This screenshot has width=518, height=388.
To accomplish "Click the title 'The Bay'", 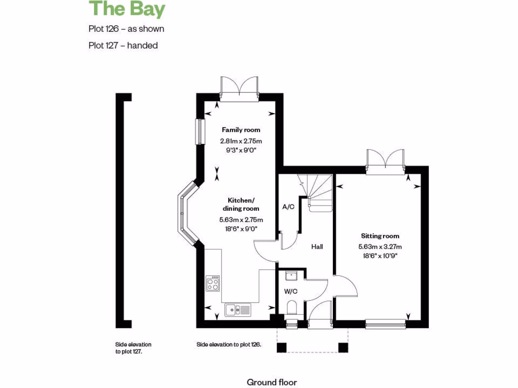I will [127, 9].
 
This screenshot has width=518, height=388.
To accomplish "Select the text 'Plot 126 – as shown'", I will [126, 29].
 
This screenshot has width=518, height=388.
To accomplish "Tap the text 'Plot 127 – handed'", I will [123, 45].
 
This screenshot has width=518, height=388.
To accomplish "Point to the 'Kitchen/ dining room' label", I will [241, 204].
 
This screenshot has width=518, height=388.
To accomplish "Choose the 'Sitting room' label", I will [380, 236].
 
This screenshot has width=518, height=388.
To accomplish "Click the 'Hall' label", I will [317, 247].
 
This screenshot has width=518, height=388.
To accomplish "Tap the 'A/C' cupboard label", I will [288, 207].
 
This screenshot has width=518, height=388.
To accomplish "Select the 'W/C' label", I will [290, 291].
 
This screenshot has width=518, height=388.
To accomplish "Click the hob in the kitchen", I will [212, 283].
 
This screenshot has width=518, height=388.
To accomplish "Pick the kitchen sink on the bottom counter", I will [238, 309].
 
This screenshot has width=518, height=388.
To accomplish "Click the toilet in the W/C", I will [291, 307].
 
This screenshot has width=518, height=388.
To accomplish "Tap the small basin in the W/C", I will [291, 276].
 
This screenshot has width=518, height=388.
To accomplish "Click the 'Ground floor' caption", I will [272, 382].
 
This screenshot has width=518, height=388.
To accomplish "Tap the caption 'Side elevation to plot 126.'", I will [229, 345].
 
